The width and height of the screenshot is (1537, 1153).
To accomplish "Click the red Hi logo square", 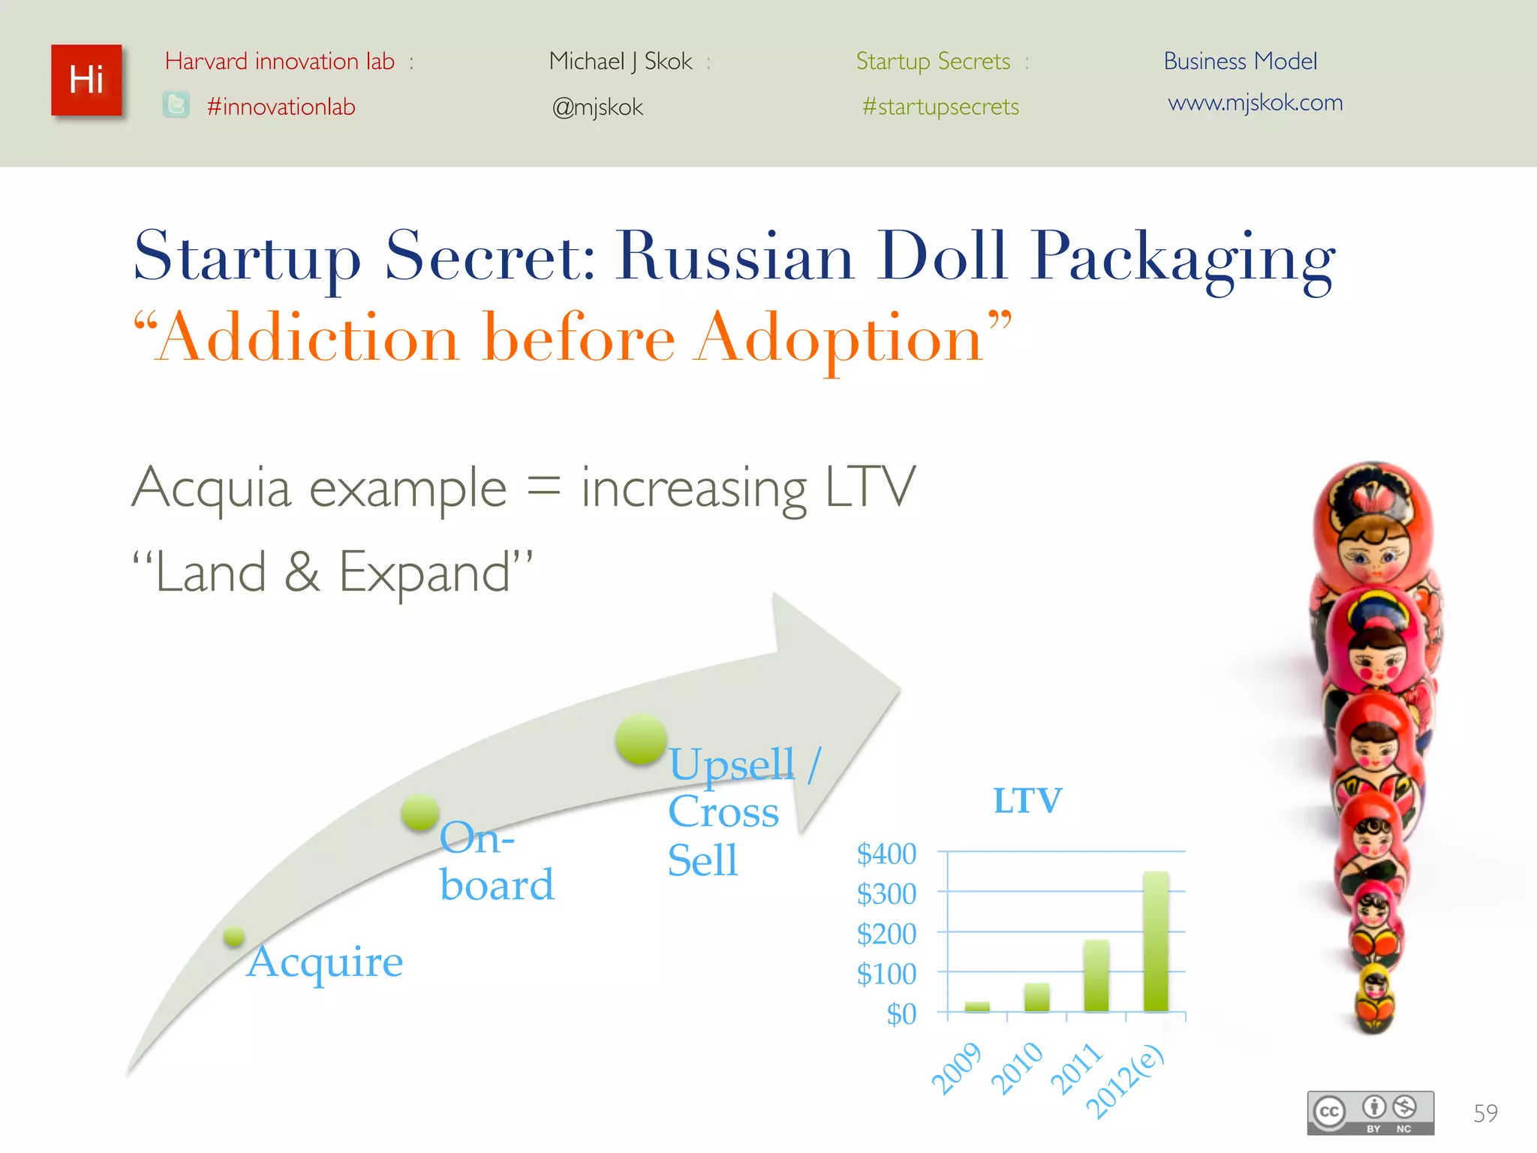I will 86,80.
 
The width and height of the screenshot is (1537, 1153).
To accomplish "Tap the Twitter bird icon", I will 176,105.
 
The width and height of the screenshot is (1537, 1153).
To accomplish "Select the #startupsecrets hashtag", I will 940,107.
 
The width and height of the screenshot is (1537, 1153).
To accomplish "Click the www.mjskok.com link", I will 1255,102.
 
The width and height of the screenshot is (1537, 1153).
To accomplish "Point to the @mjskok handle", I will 597,107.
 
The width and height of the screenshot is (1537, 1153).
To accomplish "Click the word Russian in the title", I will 735,256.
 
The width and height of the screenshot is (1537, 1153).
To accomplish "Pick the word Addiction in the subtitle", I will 309,339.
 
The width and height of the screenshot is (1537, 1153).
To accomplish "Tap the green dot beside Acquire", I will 234,936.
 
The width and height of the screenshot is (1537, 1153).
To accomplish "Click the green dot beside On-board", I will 420,812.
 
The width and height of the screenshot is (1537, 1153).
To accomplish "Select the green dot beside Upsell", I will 641,739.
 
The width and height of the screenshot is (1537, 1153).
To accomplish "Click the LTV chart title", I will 1027,800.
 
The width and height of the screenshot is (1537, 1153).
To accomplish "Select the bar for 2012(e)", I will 1156,941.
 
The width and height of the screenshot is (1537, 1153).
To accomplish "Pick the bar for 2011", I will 1096,975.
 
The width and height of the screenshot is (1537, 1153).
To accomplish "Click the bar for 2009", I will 977,1007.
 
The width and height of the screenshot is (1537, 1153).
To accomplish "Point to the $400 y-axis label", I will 886,854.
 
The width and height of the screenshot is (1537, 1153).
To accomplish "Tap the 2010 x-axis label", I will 1017,1068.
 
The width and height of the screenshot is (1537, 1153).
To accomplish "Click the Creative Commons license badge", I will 1370,1112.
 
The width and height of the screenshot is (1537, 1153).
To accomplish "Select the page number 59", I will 1485,1113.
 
